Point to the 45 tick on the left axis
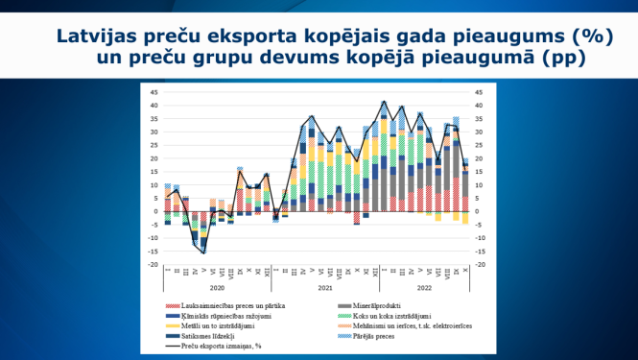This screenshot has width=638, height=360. [154, 93]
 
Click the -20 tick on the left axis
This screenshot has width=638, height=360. [153, 264]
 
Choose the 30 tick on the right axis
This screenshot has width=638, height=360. [479, 132]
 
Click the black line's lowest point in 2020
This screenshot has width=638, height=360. [203, 252]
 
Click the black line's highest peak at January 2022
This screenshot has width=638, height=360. [385, 102]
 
